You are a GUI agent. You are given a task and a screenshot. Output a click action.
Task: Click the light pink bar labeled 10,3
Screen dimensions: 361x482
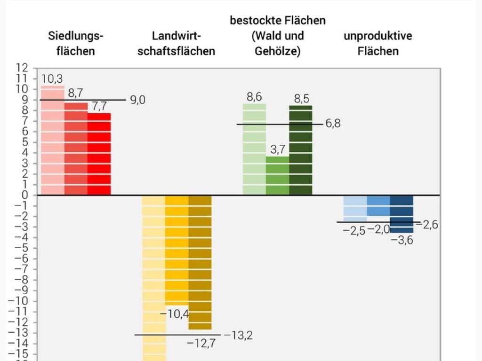52,141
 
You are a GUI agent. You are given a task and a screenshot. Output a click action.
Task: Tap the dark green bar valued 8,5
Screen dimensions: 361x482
301,150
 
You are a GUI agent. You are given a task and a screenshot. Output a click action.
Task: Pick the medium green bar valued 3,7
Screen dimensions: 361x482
278,176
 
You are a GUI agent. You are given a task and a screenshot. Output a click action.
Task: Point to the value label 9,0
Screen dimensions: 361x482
137,100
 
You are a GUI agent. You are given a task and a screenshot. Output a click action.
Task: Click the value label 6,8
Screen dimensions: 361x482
333,124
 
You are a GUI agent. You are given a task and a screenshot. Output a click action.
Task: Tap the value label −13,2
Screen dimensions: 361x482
238,335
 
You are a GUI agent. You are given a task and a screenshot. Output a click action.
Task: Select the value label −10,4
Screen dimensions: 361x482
175,314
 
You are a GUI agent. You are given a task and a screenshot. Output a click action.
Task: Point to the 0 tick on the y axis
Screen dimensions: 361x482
25,195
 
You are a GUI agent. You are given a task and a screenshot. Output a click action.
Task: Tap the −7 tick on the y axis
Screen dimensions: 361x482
21,269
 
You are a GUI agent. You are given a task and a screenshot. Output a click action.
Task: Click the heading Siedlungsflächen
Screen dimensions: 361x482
76,43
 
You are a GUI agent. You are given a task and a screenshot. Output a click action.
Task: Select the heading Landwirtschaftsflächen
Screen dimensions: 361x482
176,43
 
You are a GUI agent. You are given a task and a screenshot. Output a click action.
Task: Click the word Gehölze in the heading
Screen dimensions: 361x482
277,51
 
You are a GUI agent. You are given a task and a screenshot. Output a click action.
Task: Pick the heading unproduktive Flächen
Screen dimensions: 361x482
378,43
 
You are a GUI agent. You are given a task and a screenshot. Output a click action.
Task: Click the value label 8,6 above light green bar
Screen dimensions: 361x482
254,97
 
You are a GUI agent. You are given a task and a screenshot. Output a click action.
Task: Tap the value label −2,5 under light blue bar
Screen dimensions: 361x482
354,231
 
